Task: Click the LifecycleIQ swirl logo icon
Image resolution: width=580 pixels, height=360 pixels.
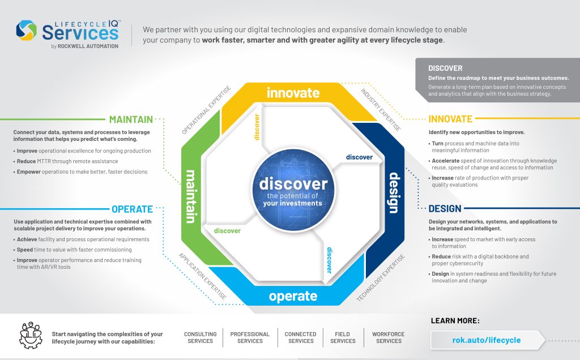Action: [27, 31]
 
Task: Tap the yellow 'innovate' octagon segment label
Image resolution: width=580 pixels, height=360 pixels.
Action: [293, 92]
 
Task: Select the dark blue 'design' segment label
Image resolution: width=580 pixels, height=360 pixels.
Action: [392, 193]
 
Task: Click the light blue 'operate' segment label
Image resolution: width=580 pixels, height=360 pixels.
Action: [293, 296]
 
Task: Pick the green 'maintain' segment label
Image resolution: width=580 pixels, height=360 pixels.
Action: [191, 195]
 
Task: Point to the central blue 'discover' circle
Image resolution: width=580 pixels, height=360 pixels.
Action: [293, 189]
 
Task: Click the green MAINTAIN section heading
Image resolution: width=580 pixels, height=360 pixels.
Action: [131, 119]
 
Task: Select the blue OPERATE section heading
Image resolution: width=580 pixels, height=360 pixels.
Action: [132, 209]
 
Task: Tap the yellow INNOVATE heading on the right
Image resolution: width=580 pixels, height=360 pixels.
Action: [450, 119]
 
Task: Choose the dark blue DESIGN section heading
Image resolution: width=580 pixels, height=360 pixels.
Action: [445, 209]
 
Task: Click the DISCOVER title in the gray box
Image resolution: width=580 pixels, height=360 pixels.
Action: [445, 68]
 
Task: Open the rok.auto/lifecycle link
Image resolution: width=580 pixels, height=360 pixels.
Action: [486, 340]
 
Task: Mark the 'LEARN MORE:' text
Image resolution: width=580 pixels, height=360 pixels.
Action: [455, 321]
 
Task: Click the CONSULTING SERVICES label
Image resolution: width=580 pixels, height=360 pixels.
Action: [201, 337]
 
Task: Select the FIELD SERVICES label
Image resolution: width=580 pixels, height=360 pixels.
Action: [343, 337]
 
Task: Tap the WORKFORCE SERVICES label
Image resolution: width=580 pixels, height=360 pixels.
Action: [389, 337]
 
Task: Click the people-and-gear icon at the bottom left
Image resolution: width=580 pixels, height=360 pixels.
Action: [31, 336]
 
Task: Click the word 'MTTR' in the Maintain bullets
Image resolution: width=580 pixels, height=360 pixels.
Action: [48, 161]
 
